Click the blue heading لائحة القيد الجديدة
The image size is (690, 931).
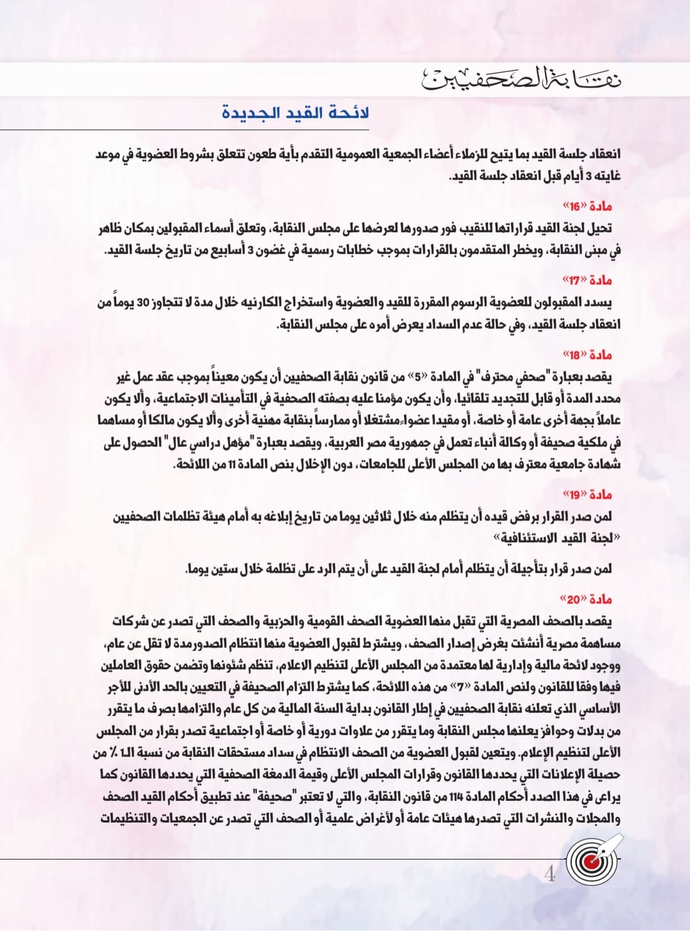pyautogui.click(x=296, y=114)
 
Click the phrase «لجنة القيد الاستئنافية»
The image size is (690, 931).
pyautogui.click(x=555, y=538)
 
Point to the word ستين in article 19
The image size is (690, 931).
pyautogui.click(x=215, y=569)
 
